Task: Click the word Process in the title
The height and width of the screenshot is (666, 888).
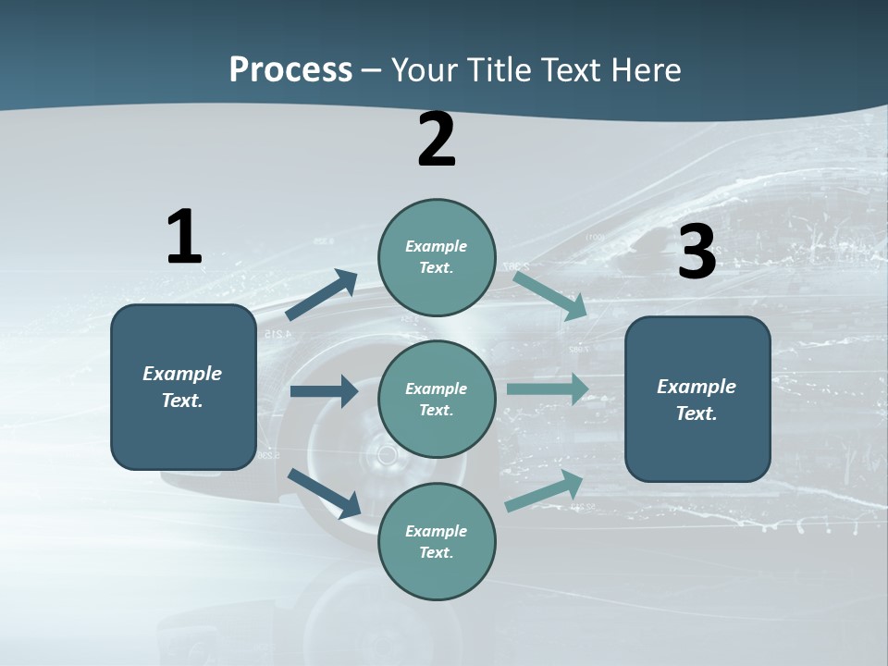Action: pyautogui.click(x=290, y=70)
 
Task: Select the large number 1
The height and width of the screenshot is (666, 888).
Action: pyautogui.click(x=184, y=237)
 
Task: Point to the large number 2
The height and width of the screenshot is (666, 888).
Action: pyautogui.click(x=437, y=141)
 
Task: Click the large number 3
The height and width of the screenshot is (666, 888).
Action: pyautogui.click(x=697, y=253)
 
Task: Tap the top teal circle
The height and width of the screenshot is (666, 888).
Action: pyautogui.click(x=437, y=257)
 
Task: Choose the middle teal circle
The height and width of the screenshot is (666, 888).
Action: pyautogui.click(x=437, y=400)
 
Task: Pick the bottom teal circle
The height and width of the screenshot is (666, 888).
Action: pyautogui.click(x=437, y=542)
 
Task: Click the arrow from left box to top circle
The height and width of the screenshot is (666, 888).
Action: pyautogui.click(x=323, y=295)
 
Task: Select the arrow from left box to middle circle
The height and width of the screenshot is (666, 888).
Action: pyautogui.click(x=325, y=391)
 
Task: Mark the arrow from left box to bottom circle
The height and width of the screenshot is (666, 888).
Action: pyautogui.click(x=325, y=493)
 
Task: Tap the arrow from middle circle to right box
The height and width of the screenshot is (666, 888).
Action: pyautogui.click(x=549, y=389)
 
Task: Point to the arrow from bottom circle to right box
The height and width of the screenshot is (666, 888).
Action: pyautogui.click(x=545, y=491)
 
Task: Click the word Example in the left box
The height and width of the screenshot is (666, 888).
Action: pyautogui.click(x=182, y=374)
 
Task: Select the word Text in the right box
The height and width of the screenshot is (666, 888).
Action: pyautogui.click(x=696, y=413)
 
